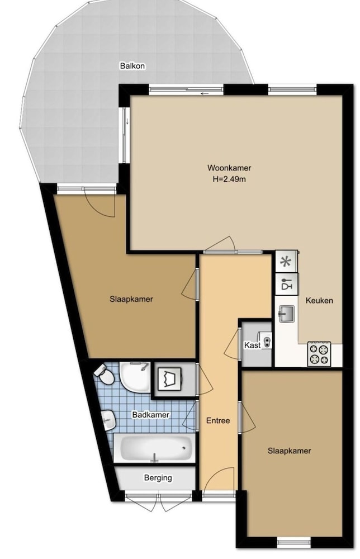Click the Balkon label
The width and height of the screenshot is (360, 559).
(x=132, y=66)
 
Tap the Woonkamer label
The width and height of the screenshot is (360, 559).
(x=229, y=168)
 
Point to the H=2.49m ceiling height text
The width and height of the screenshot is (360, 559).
(x=229, y=179)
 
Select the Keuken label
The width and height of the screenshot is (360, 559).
(x=319, y=301)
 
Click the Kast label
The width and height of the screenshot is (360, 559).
(x=252, y=345)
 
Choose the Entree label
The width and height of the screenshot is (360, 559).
(x=218, y=421)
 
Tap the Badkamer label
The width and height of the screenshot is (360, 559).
(x=150, y=415)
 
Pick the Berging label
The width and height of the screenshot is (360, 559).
(x=158, y=478)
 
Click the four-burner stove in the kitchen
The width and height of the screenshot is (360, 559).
(x=319, y=354)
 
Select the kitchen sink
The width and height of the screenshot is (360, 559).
(x=286, y=314)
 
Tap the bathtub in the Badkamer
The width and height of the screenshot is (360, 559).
(x=154, y=448)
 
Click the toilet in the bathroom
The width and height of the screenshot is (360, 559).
(x=104, y=375)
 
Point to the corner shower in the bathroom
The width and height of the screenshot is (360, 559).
(x=135, y=377)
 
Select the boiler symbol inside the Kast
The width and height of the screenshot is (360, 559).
(x=266, y=340)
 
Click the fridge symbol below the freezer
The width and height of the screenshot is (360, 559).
(x=286, y=284)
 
